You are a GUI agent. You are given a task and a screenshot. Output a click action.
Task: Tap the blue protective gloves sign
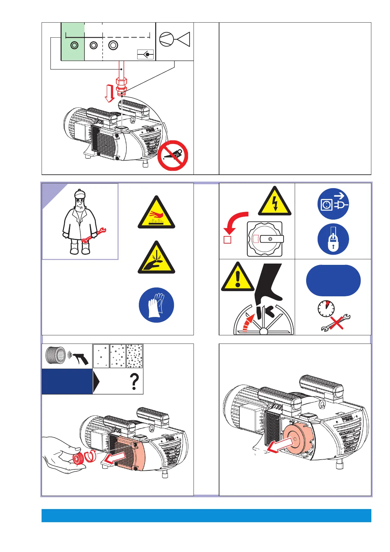tap(156, 305)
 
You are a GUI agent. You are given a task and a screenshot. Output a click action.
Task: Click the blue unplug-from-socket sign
tap(333, 204)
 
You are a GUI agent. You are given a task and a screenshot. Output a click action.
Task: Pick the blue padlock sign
tap(333, 239)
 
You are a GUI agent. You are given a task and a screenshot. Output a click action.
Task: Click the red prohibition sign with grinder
tap(173, 155)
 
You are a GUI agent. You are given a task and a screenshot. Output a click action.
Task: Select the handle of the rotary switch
tap(272, 239)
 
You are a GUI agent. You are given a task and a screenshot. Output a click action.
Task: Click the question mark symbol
tap(134, 382)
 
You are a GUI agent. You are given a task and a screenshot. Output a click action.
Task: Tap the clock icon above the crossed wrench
tap(326, 308)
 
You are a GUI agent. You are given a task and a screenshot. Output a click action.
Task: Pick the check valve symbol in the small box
tap(145, 54)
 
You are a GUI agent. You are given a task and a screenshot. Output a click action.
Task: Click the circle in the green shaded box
tap(74, 45)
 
